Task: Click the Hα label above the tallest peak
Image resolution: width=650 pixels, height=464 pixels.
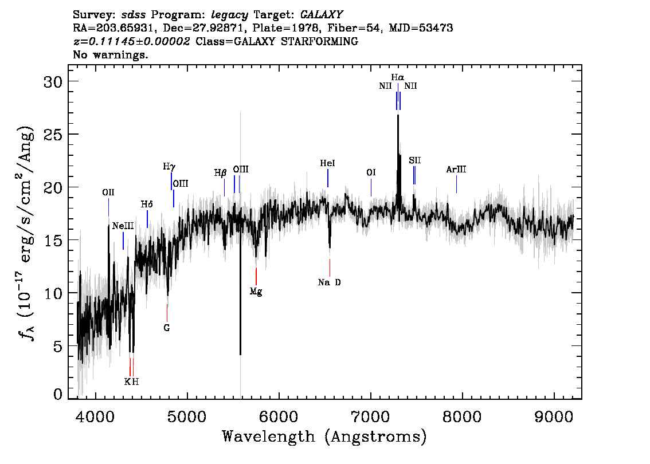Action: [x=398, y=77]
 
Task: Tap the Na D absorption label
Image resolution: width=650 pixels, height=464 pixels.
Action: [x=330, y=282]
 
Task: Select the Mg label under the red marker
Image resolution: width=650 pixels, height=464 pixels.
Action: [x=256, y=292]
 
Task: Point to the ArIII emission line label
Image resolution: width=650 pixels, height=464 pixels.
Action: [x=456, y=170]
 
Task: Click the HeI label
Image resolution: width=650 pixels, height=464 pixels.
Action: [x=327, y=164]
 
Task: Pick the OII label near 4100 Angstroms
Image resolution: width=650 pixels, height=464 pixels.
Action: [x=108, y=192]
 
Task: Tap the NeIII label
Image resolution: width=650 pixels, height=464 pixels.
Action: [x=123, y=226]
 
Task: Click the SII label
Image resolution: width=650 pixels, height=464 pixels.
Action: [x=414, y=161]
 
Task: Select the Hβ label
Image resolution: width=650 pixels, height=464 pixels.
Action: [x=221, y=173]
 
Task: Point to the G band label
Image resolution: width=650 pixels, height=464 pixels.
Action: [x=167, y=328]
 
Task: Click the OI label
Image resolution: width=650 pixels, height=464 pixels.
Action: [x=371, y=173]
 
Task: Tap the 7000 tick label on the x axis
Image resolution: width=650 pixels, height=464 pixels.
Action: [x=371, y=416]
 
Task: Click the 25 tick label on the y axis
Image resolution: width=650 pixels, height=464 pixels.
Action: [x=53, y=134]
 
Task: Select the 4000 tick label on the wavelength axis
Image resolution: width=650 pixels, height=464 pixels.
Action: [x=96, y=416]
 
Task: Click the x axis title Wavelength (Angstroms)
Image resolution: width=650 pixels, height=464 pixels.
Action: [x=324, y=437]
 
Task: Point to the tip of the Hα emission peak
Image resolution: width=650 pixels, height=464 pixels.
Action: [x=398, y=115]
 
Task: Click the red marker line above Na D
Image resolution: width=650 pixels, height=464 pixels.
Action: [x=330, y=268]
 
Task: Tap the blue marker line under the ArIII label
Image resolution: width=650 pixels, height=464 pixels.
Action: [x=456, y=184]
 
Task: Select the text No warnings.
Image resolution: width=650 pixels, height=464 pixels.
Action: [x=110, y=55]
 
